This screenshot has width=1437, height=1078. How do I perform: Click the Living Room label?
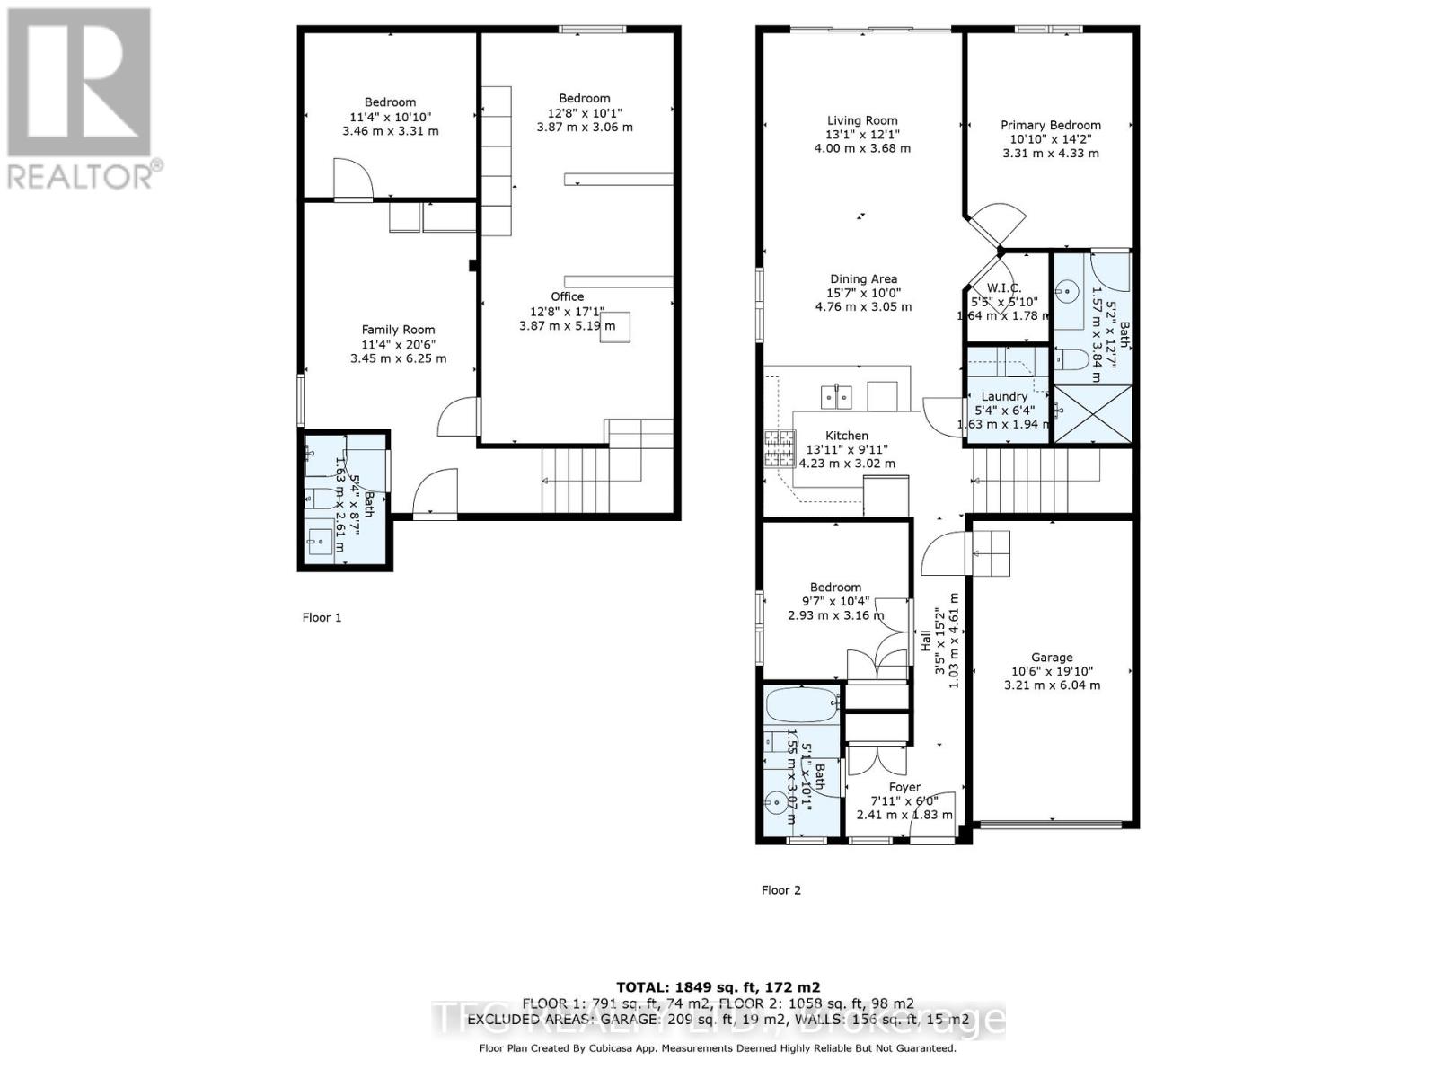pyautogui.click(x=862, y=120)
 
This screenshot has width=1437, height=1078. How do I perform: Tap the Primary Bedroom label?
pyautogui.click(x=1051, y=125)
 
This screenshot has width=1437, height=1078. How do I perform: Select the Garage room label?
pyautogui.click(x=1052, y=657)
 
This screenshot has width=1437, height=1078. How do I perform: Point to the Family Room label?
pyautogui.click(x=398, y=330)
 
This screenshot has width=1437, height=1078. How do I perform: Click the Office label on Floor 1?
pyautogui.click(x=567, y=296)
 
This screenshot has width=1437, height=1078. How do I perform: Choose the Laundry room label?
pyautogui.click(x=1004, y=396)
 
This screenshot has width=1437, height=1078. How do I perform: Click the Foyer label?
pyautogui.click(x=904, y=787)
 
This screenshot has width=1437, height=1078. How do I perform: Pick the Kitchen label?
pyautogui.click(x=847, y=436)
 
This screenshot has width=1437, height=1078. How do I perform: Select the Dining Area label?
pyautogui.click(x=862, y=279)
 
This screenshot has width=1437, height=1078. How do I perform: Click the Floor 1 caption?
pyautogui.click(x=322, y=617)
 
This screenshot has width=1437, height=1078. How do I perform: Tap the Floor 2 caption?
pyautogui.click(x=780, y=890)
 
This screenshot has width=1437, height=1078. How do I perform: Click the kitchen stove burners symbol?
pyautogui.click(x=780, y=447)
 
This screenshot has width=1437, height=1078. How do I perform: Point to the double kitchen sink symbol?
pyautogui.click(x=837, y=395)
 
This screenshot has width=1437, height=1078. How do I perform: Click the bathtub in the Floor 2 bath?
pyautogui.click(x=802, y=703)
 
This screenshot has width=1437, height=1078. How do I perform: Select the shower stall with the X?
pyautogui.click(x=1091, y=413)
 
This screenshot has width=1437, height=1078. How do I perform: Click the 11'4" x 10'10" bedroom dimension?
pyautogui.click(x=390, y=117)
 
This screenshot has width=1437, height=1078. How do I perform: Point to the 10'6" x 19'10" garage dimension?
pyautogui.click(x=1052, y=671)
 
